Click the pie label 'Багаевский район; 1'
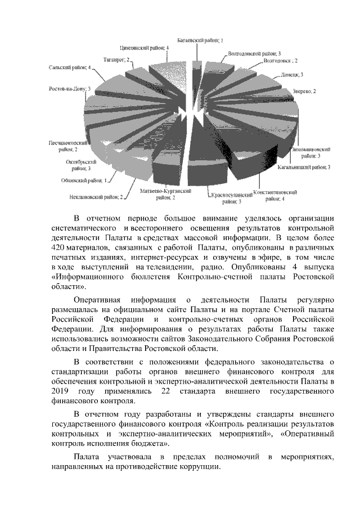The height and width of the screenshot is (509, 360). (x=200, y=41)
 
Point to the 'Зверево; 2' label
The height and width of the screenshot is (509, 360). (x=304, y=91)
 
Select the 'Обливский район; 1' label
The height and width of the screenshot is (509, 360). (x=84, y=181)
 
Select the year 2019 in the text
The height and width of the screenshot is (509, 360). (x=60, y=391)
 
